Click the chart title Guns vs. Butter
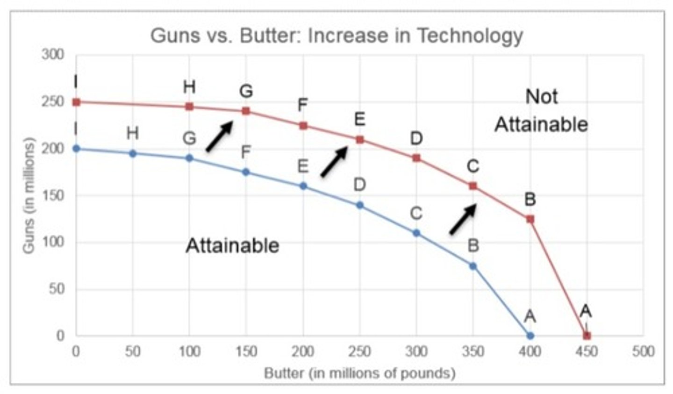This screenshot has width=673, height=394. (x=336, y=36)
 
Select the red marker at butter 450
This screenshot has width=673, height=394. (x=587, y=336)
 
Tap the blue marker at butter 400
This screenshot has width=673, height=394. (x=530, y=336)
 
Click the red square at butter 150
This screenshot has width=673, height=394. (x=246, y=111)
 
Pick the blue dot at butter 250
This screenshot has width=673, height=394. (x=360, y=205)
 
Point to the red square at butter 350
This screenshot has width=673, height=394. (x=473, y=186)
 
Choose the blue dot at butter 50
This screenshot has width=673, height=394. (x=133, y=153)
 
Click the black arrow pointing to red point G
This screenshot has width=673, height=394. (x=219, y=136)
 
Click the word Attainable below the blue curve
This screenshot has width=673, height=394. (x=232, y=245)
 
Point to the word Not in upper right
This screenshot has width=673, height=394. (x=541, y=97)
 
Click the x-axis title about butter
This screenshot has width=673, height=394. (x=359, y=373)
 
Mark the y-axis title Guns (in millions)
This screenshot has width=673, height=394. (x=29, y=195)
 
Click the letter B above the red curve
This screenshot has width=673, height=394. (x=530, y=200)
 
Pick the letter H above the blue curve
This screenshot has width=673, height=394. (x=133, y=134)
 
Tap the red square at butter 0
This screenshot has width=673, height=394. (x=77, y=102)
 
